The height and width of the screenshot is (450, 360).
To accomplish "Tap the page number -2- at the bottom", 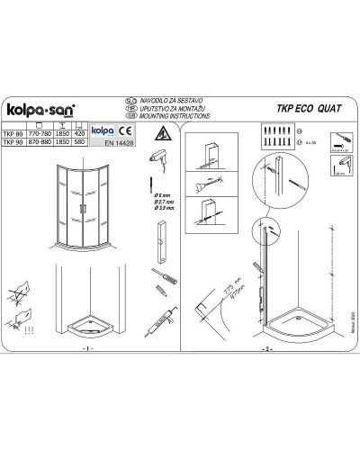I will [x=266, y=347].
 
